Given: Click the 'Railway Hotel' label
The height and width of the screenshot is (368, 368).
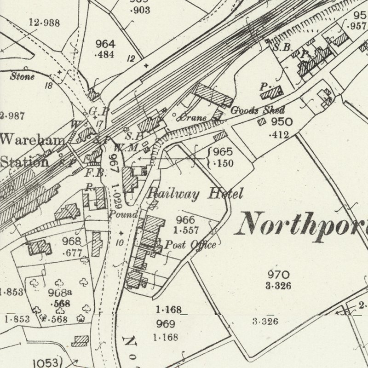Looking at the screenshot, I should point(194,194).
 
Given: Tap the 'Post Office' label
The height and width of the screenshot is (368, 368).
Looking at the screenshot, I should point(190,245).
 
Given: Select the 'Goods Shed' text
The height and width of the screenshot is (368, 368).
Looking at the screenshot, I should point(257,110).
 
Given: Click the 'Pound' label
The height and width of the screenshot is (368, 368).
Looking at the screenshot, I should point(123,214).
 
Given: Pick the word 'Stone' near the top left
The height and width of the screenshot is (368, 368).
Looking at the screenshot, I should point(22,77).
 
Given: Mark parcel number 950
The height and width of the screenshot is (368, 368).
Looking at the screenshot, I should point(282,122).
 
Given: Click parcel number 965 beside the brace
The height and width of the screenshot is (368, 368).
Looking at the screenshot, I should point(223,152).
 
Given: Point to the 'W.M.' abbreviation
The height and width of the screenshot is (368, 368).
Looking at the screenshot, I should point(132,148).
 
